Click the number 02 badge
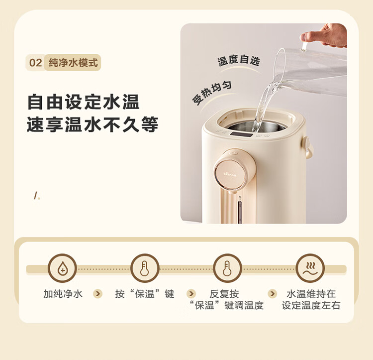coord(36,63)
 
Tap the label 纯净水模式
coord(73,63)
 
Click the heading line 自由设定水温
coord(83,102)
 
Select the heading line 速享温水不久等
coord(93,124)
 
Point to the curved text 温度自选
coord(238,60)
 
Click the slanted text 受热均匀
coord(212,93)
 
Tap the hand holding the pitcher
coord(324,35)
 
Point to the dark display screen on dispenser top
coord(241,134)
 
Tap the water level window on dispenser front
coord(240,212)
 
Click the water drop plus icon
coord(62,268)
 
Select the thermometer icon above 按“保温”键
coord(145,268)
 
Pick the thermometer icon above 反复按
coord(227,268)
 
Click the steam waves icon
coord(310,268)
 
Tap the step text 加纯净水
coord(63,294)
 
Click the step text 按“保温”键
coord(145,294)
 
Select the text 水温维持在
coord(311,294)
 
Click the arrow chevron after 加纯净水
coord(97,294)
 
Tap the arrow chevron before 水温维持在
coord(272,294)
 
